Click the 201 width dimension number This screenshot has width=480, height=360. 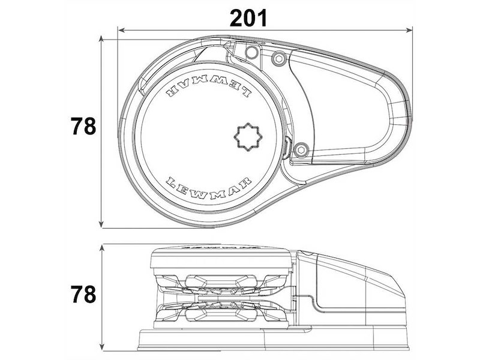pos(248,18)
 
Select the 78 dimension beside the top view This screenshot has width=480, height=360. pos(83,126)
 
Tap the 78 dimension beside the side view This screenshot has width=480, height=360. pos(83,294)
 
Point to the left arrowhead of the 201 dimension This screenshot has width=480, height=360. pos(121,30)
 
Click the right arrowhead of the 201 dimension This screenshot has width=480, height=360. pos(409,30)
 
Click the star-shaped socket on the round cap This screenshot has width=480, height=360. pos(248,137)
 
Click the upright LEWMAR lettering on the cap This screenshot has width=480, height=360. pos(209,187)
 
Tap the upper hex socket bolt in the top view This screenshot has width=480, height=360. pos(279,58)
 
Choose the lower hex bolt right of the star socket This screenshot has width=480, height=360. pos(301,150)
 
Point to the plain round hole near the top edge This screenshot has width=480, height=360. pos(251,52)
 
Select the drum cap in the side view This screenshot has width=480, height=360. pos(220,259)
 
